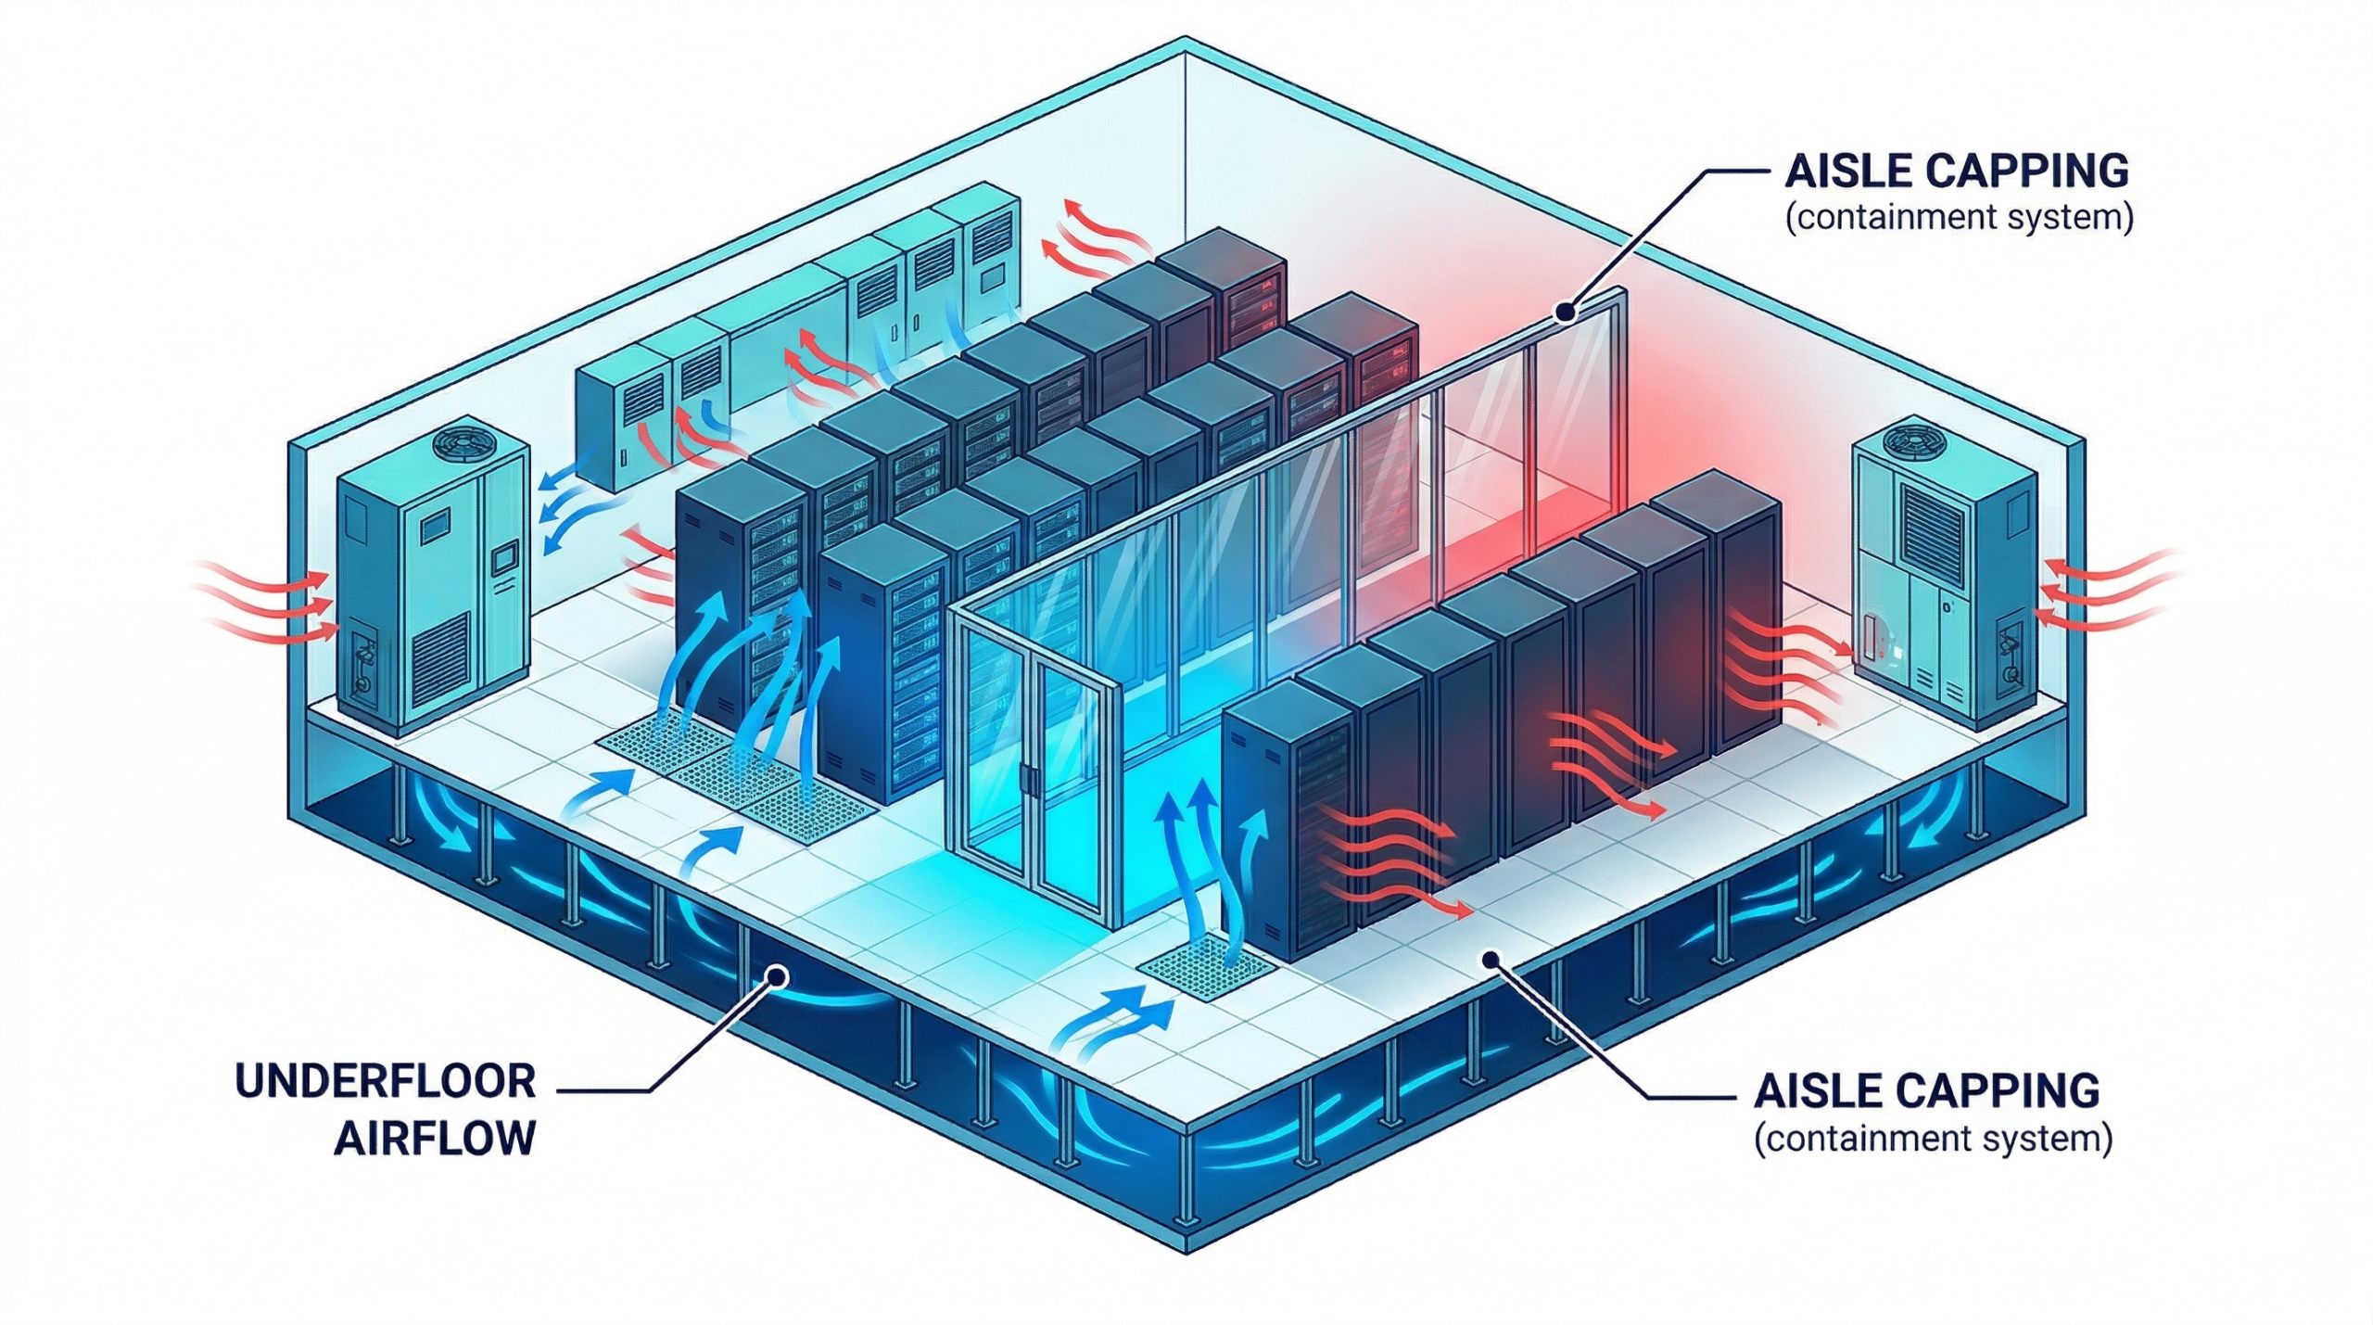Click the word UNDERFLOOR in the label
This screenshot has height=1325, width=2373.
tap(386, 1082)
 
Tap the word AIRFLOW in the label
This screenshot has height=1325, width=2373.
tap(436, 1138)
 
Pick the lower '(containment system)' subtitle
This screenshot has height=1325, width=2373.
tap(1933, 1139)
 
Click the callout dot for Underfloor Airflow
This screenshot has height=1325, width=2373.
tap(777, 975)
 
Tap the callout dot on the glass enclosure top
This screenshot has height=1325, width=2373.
tap(1567, 312)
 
